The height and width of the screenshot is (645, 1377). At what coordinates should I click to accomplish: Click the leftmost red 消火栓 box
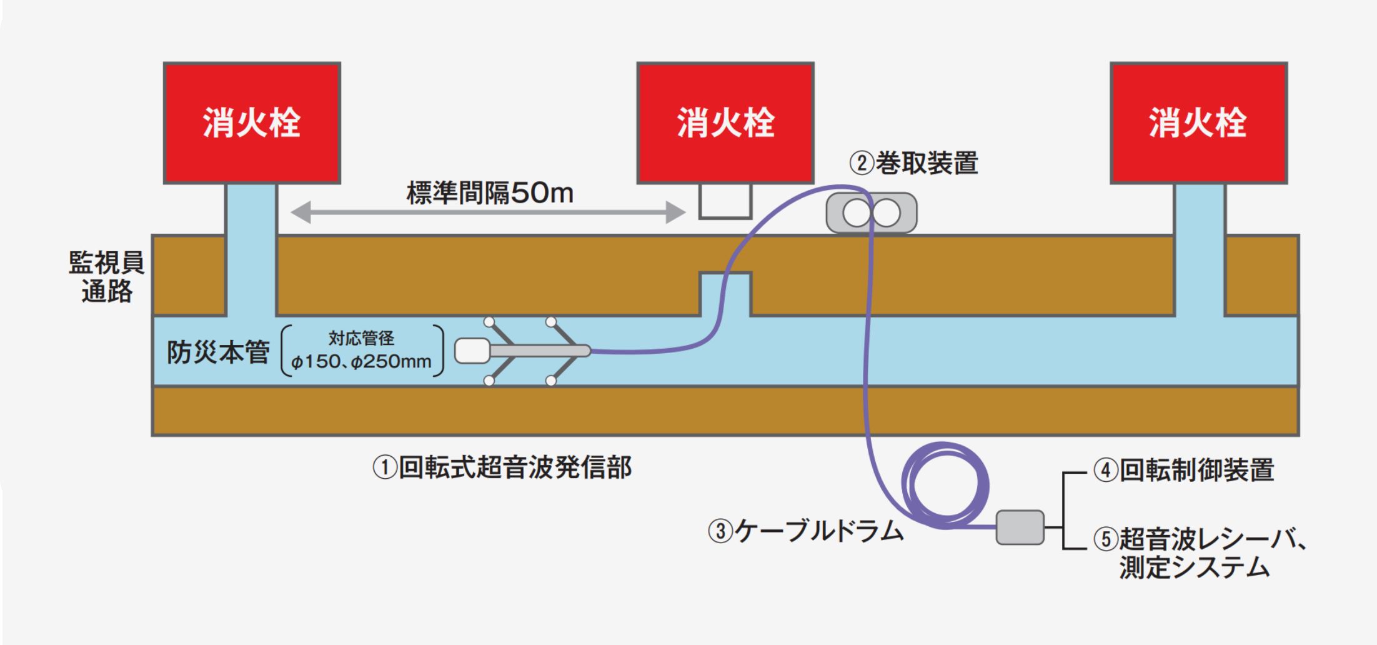pos(252,122)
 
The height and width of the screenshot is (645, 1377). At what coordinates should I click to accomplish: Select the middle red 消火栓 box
pos(725,122)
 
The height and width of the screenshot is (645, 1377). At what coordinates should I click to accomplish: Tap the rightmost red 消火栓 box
pos(1198,122)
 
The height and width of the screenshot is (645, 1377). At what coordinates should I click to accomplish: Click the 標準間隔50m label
pos(490,193)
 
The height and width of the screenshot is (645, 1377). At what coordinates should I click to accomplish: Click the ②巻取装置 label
pos(913,163)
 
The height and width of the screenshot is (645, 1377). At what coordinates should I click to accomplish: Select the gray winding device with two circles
pos(872,214)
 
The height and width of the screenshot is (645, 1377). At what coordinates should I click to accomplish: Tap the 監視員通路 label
pos(107,277)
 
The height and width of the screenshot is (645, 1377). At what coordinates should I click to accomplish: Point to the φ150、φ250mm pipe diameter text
pos(362,362)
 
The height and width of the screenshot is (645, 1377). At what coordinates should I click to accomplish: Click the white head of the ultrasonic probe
pos(472,351)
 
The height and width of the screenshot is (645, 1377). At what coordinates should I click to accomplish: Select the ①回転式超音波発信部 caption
pos(502,467)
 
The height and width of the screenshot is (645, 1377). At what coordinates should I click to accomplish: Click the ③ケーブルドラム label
pos(806,531)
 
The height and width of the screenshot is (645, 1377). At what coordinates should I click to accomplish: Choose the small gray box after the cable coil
pos(1020,527)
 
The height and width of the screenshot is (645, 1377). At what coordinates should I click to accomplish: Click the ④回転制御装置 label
pos(1183,471)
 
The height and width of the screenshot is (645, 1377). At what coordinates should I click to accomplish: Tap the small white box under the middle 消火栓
pos(725,201)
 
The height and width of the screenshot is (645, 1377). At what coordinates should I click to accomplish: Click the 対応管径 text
pos(362,339)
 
